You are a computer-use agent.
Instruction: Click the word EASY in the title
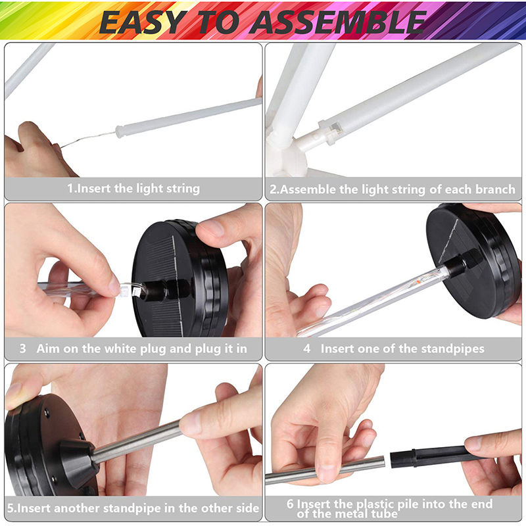point(143,22)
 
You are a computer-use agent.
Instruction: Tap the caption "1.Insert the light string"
point(133,189)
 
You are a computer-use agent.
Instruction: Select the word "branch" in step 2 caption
point(495,189)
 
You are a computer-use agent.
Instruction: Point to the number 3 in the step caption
point(22,348)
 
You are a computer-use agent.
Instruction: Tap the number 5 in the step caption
point(11,508)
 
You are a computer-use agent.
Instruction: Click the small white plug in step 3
point(124,290)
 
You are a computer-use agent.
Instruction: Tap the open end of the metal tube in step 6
point(383,463)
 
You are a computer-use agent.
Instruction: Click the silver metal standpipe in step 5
point(137,440)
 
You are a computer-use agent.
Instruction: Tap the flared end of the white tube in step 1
point(122,131)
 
